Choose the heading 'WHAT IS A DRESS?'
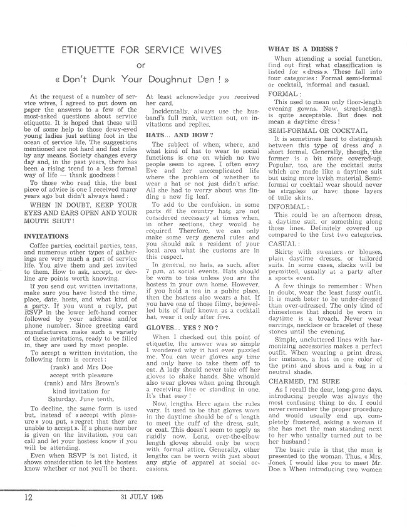tap(304, 48)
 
